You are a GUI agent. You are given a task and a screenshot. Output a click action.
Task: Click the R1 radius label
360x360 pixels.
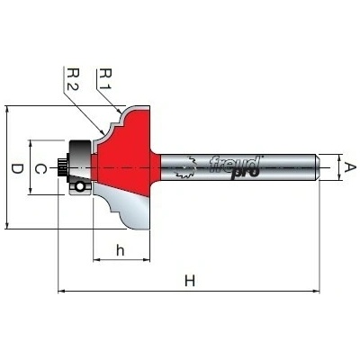click(105, 79)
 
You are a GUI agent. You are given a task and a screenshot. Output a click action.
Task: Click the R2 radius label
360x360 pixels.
click(73, 79)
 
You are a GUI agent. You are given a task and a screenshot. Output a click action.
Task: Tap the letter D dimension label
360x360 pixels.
click(17, 169)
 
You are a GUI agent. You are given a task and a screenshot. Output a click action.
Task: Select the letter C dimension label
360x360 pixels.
click(40, 169)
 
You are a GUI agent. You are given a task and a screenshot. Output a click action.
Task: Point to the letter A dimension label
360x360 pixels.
click(349, 167)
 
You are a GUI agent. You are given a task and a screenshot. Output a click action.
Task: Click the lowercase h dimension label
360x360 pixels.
click(121, 250)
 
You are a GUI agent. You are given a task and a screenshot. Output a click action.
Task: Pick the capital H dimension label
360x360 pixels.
click(190, 281)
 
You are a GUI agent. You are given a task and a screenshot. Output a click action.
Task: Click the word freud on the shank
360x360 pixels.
click(234, 164)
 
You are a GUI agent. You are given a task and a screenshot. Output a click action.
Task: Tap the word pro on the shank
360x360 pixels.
click(245, 174)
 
